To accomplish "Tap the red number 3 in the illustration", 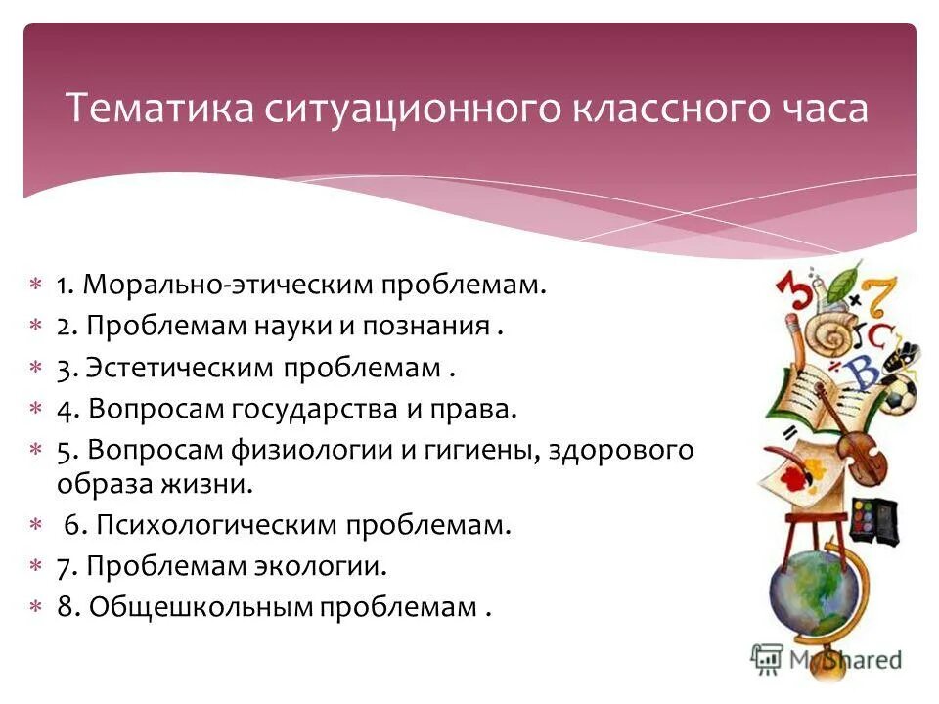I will coord(792,294).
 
